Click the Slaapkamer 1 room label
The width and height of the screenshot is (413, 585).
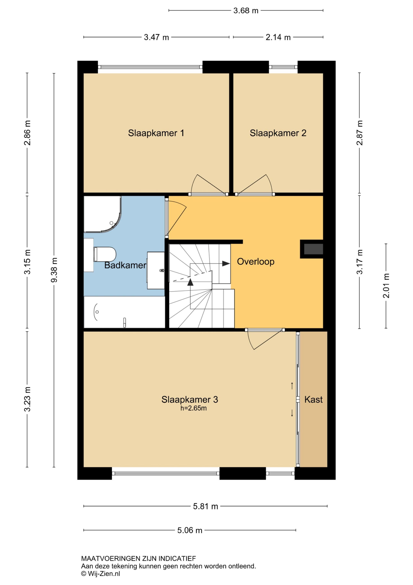156,133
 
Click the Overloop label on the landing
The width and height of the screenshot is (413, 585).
256,262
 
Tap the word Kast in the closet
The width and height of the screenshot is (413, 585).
314,399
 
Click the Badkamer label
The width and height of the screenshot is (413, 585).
125,265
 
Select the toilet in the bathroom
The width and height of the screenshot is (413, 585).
105,254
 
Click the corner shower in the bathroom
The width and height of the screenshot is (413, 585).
102,214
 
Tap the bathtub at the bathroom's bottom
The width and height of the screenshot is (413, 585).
124,312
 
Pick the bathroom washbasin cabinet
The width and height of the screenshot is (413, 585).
156,270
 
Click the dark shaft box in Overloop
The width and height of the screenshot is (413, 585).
314,249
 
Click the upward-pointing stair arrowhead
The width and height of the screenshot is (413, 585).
190,282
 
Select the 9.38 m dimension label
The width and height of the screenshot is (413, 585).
54,270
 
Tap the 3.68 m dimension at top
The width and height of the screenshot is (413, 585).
246,11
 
